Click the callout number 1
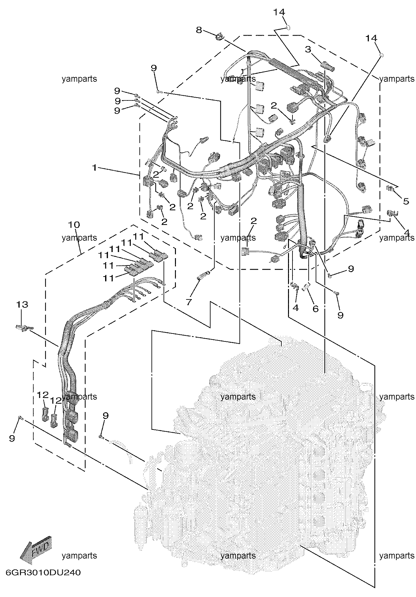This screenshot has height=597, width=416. coord(94,168)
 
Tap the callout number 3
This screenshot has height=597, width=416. coord(307,49)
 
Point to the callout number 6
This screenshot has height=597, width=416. coord(315,308)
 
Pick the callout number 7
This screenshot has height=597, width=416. coord(189,302)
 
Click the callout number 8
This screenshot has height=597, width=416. coord(199,30)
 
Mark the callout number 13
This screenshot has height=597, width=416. coord(22,305)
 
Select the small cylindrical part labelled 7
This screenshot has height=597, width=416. coord(203,274)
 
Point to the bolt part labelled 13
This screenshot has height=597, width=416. coord(22,327)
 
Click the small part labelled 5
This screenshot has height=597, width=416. coord(390,188)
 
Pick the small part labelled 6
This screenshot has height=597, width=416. coord(306,286)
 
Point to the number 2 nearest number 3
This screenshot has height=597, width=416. coord(274,105)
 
